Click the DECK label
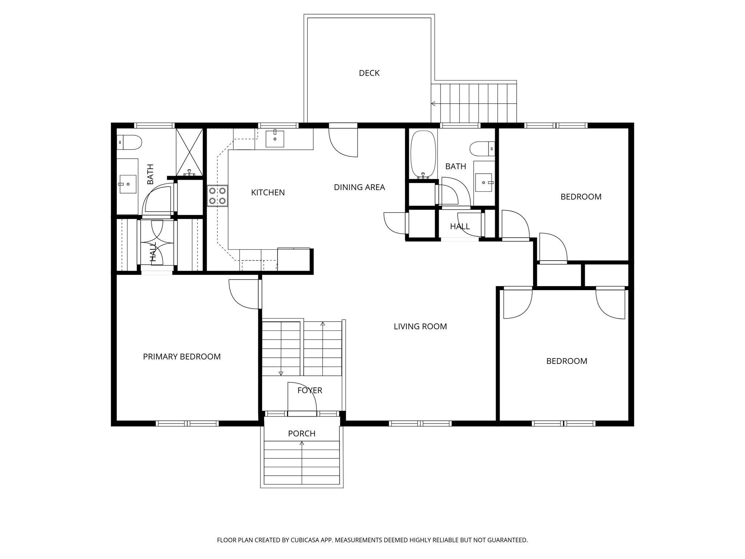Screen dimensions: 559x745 (369, 73)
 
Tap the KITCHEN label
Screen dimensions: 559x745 (268, 193)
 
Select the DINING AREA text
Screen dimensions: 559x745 (359, 187)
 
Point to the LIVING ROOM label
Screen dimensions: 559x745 (420, 326)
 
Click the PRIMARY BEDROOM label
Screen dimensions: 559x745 (182, 357)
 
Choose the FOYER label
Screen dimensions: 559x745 (310, 390)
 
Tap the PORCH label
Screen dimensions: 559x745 (302, 433)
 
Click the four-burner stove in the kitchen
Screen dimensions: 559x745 (218, 196)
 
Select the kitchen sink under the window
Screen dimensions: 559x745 (275, 139)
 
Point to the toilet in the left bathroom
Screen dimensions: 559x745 (129, 142)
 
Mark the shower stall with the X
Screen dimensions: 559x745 (189, 152)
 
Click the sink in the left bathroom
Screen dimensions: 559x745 (127, 184)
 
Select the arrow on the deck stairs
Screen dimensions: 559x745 (433, 104)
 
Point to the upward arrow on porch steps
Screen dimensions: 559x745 (302, 443)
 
